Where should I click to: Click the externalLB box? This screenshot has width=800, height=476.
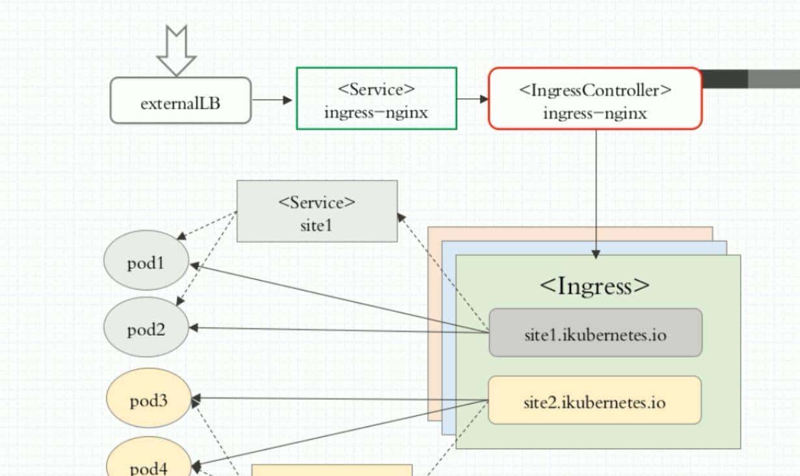click(x=180, y=100)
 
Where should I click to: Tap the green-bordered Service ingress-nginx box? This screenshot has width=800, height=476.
click(x=376, y=98)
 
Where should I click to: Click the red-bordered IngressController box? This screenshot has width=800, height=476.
click(x=595, y=98)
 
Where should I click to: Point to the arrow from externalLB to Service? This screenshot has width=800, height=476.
click(x=273, y=100)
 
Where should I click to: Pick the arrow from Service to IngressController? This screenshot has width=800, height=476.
click(x=472, y=99)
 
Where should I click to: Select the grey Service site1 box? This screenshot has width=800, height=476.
click(x=317, y=211)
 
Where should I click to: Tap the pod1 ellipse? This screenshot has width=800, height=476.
click(x=146, y=264)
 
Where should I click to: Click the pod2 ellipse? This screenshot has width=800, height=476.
click(x=146, y=328)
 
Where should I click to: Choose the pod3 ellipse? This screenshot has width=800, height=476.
click(x=149, y=399)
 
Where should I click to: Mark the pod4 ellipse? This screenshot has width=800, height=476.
click(x=149, y=462)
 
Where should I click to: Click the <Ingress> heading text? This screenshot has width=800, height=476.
click(x=594, y=285)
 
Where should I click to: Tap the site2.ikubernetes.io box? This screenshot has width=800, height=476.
click(x=594, y=400)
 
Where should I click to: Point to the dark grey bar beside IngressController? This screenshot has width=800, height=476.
click(x=725, y=79)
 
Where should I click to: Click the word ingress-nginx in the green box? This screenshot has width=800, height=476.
click(x=376, y=112)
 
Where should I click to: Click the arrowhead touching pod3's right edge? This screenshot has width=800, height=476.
click(x=196, y=398)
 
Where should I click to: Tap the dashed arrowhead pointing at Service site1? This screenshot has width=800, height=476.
click(x=402, y=217)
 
